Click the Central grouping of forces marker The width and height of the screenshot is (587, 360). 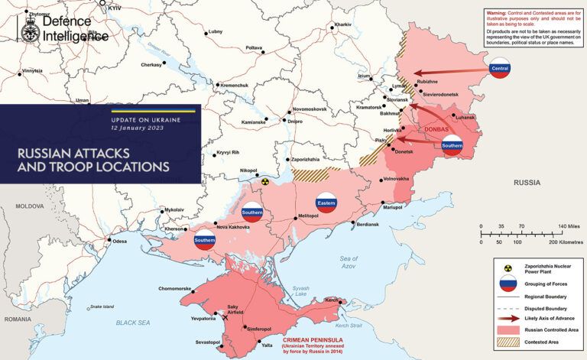500,69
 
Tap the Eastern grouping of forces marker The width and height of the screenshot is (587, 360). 326,203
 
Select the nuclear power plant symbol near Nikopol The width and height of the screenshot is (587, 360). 265,183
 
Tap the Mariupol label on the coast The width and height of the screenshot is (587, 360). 392,207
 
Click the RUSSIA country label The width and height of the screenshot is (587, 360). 527,183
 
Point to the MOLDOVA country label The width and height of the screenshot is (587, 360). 31,206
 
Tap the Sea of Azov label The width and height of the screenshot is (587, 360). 349,262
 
